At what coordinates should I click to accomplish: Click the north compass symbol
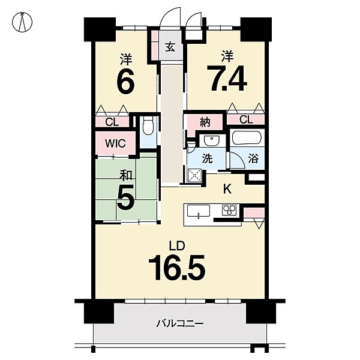point(22,22)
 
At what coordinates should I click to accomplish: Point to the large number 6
point(125,80)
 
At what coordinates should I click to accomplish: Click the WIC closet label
point(115,143)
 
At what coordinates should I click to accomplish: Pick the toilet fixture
point(148,125)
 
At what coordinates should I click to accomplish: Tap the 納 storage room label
point(205,122)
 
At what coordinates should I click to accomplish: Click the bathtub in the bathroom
point(247,137)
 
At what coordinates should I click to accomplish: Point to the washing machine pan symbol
point(194,176)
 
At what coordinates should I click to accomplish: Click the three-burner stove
point(229,210)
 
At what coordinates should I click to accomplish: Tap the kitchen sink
point(199,211)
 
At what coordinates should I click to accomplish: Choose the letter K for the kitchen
point(227,189)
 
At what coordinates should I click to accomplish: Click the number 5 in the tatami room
point(125,197)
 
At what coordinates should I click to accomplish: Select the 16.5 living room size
point(177,268)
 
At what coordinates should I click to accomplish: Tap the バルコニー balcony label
point(180,324)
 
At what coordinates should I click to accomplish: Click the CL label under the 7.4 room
point(246,119)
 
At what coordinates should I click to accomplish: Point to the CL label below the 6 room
point(112,122)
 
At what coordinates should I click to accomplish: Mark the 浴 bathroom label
point(253,158)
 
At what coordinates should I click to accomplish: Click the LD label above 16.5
point(177,246)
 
